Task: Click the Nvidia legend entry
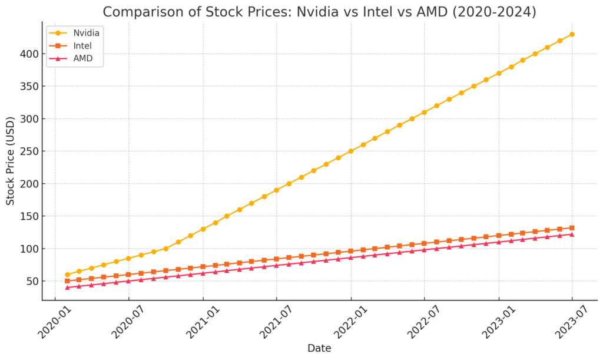86,32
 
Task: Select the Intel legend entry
82,45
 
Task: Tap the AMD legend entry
82,58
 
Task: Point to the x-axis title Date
319,348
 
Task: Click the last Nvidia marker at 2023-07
572,34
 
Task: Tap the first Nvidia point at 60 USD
67,275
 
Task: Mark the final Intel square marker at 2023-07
572,228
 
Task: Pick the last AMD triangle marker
572,235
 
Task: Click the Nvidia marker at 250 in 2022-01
351,151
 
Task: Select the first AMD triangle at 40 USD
67,288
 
